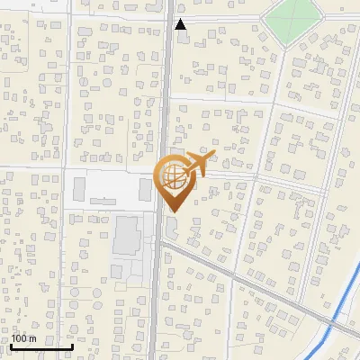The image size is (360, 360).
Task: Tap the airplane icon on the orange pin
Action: tap(195, 164)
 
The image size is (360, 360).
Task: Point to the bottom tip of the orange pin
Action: tap(174, 211)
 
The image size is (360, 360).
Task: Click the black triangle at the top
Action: tap(181, 24)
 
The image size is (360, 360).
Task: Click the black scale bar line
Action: tap(41, 346)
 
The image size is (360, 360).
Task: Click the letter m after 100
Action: tap(33, 338)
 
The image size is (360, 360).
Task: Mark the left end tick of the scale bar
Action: tap(12, 345)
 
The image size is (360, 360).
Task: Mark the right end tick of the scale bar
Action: tap(72, 345)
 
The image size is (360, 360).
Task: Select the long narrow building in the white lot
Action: tap(145, 190)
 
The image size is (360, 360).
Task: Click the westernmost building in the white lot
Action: tap(78, 189)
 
